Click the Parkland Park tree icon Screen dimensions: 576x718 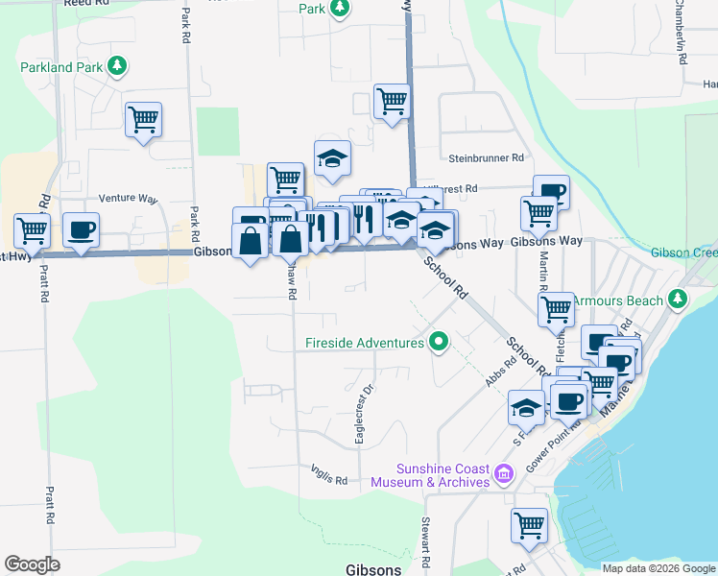point(116,66)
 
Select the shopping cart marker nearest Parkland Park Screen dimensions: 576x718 point(143,120)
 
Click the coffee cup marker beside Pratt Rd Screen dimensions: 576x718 point(80,230)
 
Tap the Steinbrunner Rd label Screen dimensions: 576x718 point(487,157)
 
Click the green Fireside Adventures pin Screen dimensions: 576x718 point(439,341)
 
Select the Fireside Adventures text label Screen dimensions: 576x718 point(364,343)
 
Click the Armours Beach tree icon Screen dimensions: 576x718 point(678,299)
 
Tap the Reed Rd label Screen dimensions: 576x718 point(81,4)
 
